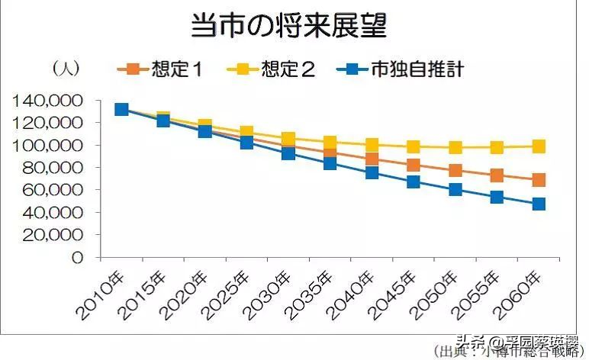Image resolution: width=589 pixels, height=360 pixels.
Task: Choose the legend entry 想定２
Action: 272,69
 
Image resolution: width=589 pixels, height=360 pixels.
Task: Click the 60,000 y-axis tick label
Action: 54,191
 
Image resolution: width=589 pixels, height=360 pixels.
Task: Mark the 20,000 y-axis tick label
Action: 54,236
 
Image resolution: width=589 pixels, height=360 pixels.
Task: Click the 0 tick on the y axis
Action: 76,258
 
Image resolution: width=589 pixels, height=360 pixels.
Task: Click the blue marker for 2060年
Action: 539,204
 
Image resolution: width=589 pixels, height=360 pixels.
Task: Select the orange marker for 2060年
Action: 539,180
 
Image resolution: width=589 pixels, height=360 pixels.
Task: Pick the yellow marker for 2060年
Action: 539,146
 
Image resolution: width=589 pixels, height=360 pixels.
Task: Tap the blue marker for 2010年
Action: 121,109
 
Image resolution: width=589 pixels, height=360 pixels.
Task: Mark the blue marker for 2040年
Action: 372,172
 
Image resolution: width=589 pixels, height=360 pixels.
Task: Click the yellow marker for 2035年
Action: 330,143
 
